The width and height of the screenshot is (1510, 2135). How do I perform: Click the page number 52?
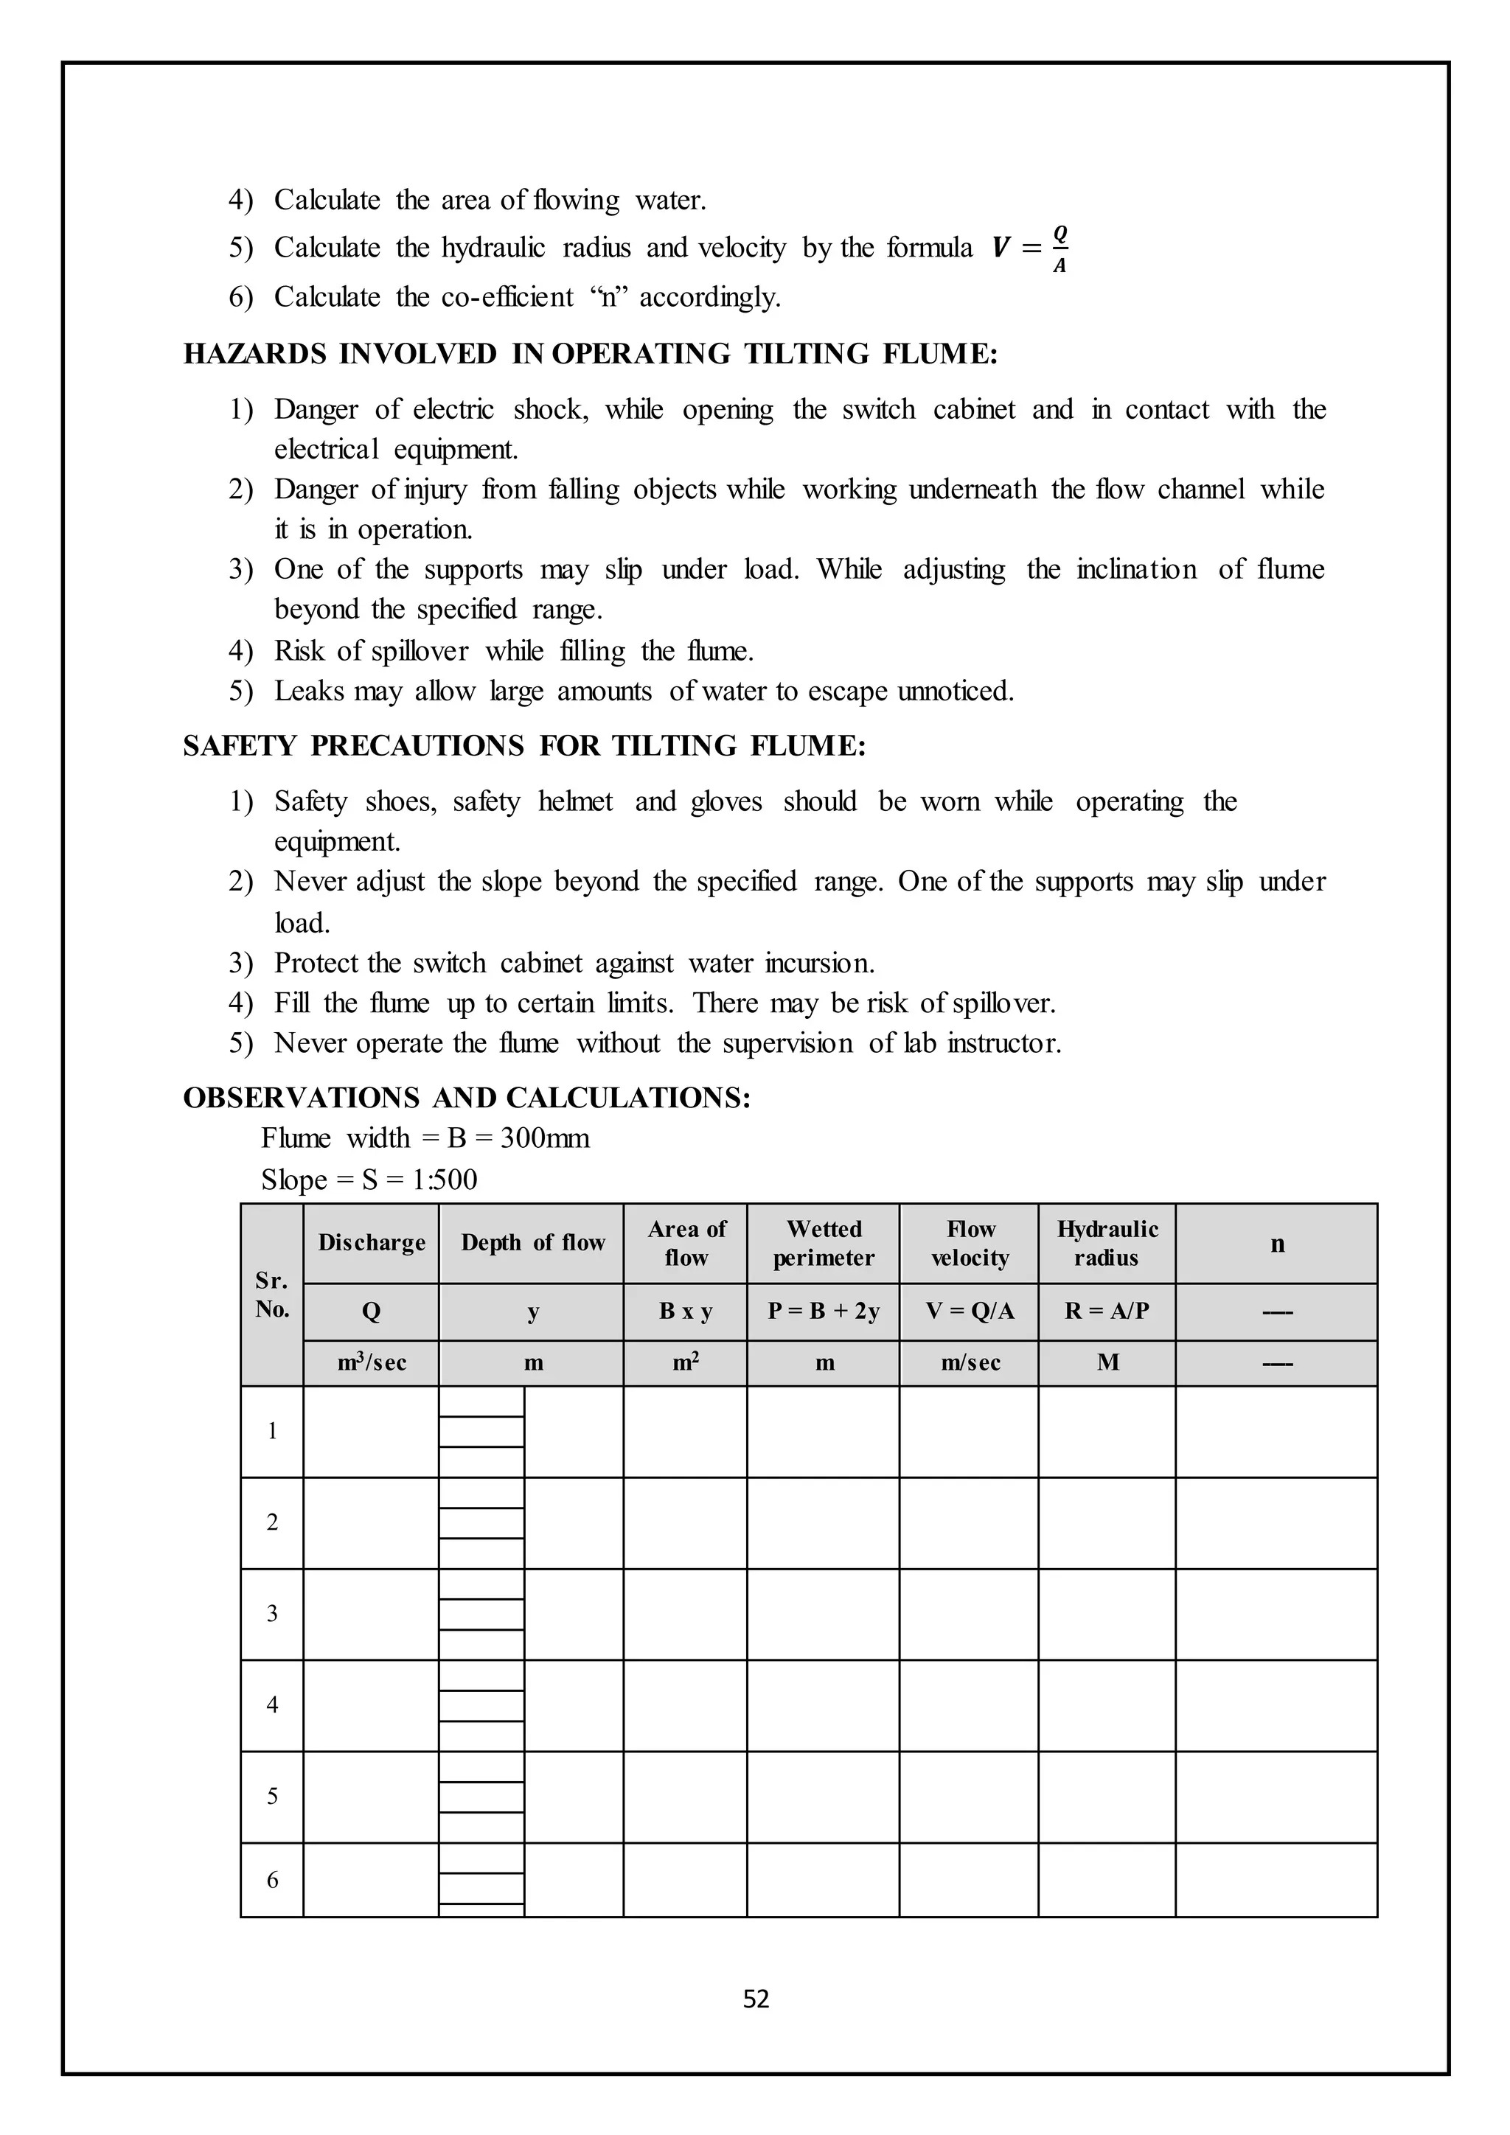[756, 1999]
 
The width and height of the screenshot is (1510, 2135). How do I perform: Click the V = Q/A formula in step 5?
[1030, 248]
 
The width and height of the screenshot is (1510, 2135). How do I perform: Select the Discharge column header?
[371, 1243]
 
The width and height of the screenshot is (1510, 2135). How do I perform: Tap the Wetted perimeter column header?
[823, 1243]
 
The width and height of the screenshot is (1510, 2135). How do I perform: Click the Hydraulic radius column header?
[1107, 1243]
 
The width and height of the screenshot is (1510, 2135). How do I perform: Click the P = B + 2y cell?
[823, 1311]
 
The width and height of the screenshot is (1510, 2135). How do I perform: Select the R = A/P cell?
[1107, 1311]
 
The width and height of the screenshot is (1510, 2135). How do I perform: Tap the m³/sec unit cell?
[371, 1363]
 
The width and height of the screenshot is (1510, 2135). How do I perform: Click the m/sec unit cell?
[970, 1363]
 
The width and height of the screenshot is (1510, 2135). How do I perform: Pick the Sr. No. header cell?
[272, 1295]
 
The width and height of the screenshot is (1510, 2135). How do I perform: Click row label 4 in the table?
[272, 1704]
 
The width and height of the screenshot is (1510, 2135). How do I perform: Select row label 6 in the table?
[272, 1879]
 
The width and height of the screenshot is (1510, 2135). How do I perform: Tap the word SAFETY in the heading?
[238, 747]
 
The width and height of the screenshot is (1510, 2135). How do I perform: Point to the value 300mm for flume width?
[545, 1138]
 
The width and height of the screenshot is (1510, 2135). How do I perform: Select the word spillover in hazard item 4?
[420, 651]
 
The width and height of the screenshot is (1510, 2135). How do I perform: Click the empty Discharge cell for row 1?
[371, 1431]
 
